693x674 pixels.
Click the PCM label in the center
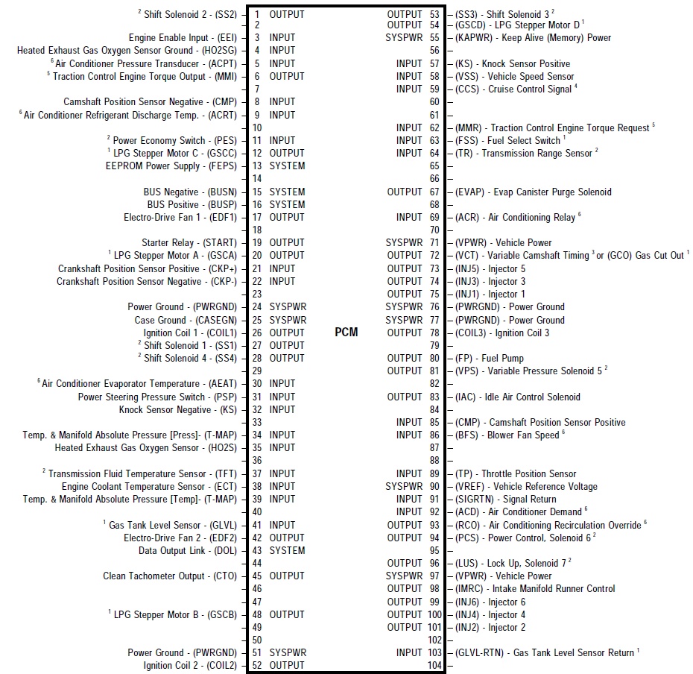[346, 333]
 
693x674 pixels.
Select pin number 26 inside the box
[256, 333]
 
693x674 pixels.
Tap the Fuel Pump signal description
[490, 358]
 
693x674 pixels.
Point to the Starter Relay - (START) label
[189, 242]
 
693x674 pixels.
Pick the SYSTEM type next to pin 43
[287, 550]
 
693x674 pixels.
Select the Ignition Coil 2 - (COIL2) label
[190, 666]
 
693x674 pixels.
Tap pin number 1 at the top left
[256, 14]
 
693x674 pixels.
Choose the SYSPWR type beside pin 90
[404, 486]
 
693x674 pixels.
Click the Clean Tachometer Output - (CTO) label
[170, 576]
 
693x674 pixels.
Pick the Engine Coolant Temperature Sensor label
[149, 486]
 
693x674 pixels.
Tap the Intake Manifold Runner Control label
[535, 588]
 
